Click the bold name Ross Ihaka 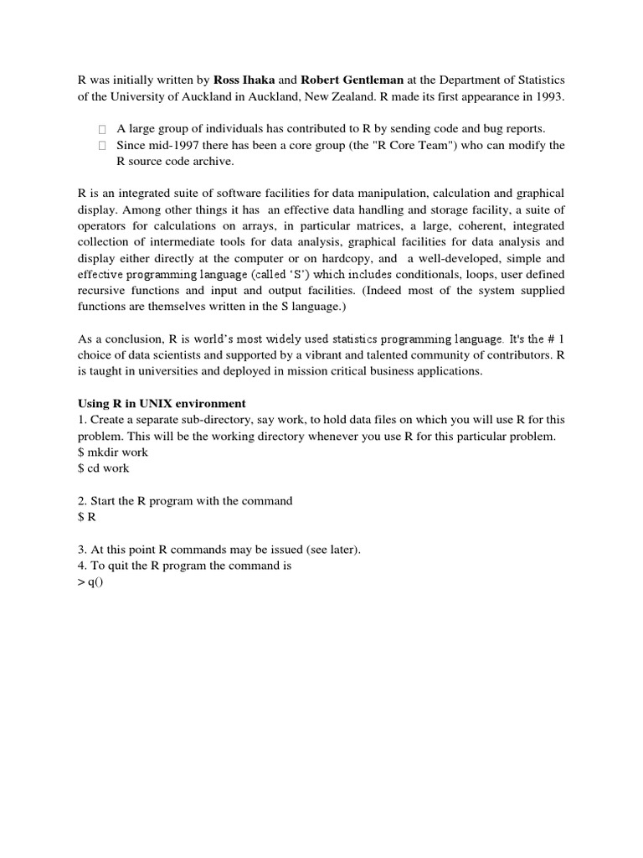[x=244, y=80]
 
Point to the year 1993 [x=549, y=96]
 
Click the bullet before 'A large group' [x=101, y=129]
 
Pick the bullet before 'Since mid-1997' [x=101, y=146]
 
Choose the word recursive [x=103, y=291]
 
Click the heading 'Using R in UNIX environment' [x=162, y=403]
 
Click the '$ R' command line [x=86, y=517]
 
